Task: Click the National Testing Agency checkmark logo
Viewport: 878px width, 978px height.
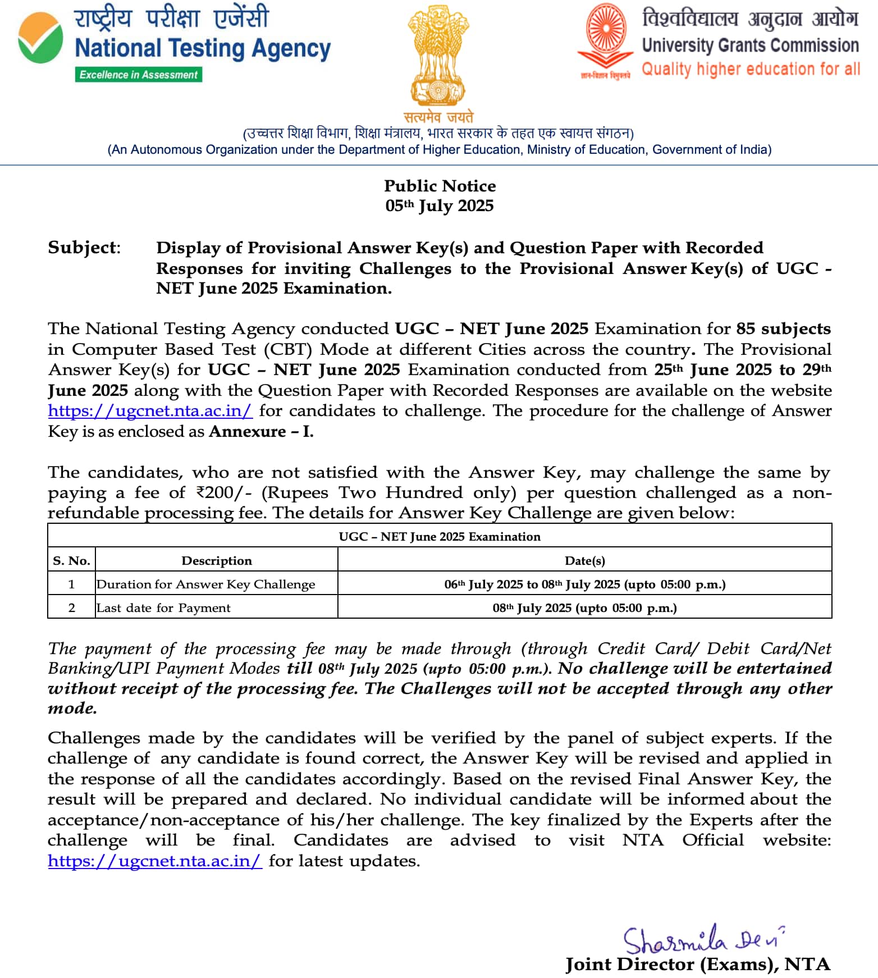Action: [x=40, y=38]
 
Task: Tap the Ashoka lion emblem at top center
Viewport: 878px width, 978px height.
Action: [x=438, y=56]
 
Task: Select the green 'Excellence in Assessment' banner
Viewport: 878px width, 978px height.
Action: [x=139, y=75]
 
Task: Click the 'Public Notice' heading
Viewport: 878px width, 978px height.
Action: [x=440, y=186]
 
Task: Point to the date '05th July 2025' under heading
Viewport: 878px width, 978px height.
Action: [x=440, y=205]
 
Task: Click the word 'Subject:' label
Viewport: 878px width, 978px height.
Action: [x=84, y=248]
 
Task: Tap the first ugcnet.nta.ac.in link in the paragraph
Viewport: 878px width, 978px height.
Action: [x=150, y=411]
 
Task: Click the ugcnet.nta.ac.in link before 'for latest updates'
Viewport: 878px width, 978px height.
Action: [x=154, y=861]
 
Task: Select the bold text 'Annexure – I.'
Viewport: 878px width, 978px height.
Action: [x=261, y=432]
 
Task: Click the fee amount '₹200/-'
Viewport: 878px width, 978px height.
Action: [x=223, y=493]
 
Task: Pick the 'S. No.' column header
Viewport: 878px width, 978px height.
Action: [x=71, y=560]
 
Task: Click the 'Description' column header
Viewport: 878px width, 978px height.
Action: [x=217, y=560]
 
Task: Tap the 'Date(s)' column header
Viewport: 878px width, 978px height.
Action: [x=584, y=560]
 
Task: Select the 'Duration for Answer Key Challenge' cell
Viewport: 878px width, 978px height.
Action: [x=206, y=584]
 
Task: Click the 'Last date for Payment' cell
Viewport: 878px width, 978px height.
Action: [x=163, y=608]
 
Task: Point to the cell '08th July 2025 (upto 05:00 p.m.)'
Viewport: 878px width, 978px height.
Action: [x=584, y=608]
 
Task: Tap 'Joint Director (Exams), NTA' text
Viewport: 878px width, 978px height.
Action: [x=697, y=965]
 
